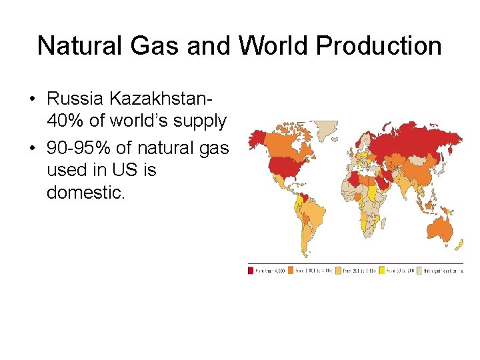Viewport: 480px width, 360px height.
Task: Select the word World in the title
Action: (x=273, y=45)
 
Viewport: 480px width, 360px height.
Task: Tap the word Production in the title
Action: (x=379, y=45)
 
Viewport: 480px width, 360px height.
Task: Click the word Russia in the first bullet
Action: (x=76, y=99)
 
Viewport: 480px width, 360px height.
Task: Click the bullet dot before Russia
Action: (x=32, y=99)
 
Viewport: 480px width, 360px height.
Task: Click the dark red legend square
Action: (x=251, y=270)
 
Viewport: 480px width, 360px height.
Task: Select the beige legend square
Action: (x=419, y=270)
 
